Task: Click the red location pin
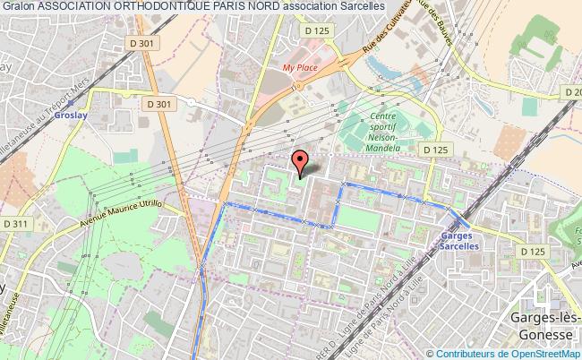pos(301,162)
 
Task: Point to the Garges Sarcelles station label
pos(459,240)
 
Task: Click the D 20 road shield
pos(571,91)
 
